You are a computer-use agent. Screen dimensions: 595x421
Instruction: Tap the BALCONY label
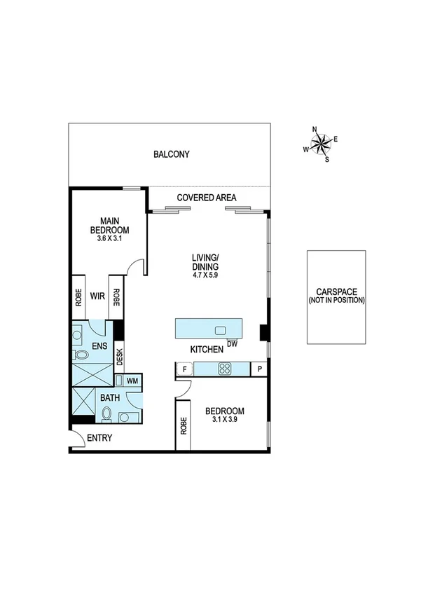172,154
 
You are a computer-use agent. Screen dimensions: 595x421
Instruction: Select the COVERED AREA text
207,198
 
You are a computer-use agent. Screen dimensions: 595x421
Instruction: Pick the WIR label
97,295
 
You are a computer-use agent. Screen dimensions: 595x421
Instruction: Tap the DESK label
120,358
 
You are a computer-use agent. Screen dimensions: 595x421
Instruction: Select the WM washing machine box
132,381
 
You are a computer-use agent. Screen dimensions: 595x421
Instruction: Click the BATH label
110,398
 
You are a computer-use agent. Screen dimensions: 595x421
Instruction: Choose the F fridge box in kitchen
185,369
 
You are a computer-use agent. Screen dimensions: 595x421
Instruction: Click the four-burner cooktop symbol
226,369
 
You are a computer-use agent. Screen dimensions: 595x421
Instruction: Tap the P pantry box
259,369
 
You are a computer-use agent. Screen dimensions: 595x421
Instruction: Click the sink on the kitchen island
221,330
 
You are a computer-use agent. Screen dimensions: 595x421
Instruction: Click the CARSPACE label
336,291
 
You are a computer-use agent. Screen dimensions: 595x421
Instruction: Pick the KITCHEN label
207,349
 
